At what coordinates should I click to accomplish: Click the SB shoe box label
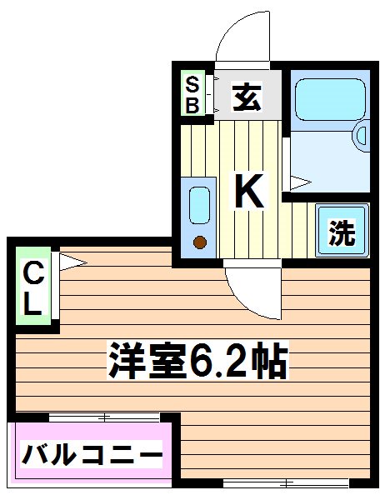(192, 94)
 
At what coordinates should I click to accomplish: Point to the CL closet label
(32, 288)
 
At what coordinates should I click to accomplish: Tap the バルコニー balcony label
(91, 456)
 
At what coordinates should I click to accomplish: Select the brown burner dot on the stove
(199, 242)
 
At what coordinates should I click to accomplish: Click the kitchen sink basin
(198, 205)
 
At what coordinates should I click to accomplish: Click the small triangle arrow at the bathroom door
(300, 180)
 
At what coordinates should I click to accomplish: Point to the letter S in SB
(192, 84)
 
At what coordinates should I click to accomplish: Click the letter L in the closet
(32, 305)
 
